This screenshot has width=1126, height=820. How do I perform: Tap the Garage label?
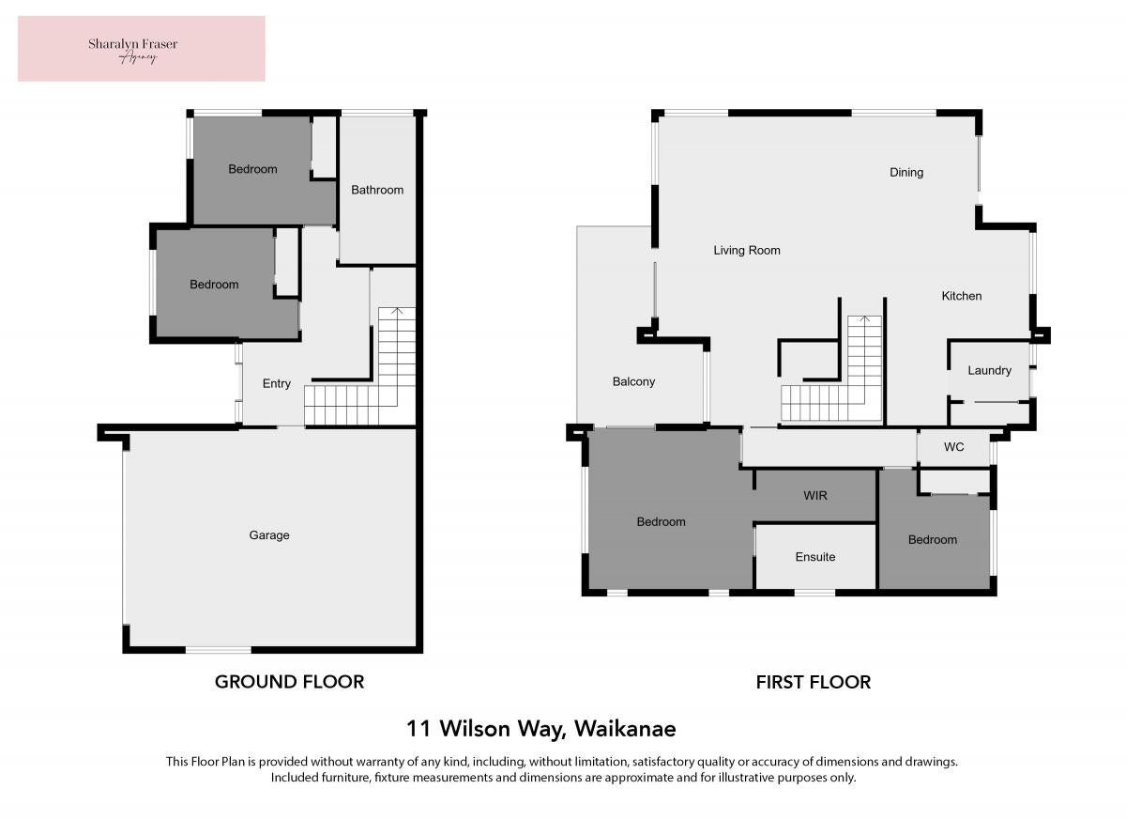click(269, 534)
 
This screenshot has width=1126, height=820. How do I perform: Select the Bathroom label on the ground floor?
click(377, 190)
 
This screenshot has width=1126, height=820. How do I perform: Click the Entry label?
click(277, 383)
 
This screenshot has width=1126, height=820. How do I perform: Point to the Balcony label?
click(633, 381)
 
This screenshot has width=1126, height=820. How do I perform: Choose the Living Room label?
click(747, 250)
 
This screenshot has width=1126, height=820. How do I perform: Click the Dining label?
click(906, 173)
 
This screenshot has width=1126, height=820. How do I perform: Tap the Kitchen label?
click(961, 296)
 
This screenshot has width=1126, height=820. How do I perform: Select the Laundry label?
click(989, 371)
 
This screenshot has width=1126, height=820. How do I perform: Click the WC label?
click(953, 447)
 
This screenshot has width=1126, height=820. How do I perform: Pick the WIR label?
click(814, 496)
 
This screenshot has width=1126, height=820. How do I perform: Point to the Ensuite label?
click(814, 557)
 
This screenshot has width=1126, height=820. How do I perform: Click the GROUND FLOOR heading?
click(289, 682)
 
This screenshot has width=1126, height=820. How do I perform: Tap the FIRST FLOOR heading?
click(813, 682)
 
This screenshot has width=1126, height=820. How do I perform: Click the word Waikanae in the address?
click(625, 729)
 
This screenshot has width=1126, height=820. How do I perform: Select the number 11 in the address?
click(418, 729)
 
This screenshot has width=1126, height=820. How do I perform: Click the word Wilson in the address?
click(475, 729)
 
